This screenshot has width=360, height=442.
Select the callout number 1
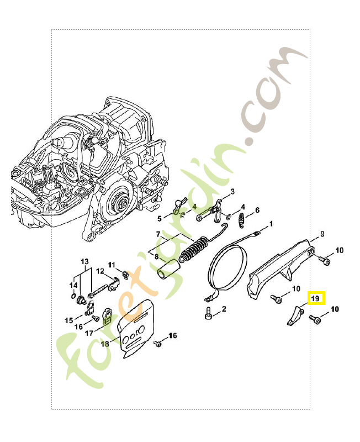point(271,224)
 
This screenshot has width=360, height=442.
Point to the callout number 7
point(158,234)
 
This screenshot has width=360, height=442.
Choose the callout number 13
point(85,261)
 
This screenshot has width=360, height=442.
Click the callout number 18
point(105,343)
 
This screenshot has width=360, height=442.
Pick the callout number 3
point(232,192)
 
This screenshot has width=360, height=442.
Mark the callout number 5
point(160,218)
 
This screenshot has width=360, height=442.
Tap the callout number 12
point(100,271)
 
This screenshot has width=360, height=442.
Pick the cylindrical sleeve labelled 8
point(168,270)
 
